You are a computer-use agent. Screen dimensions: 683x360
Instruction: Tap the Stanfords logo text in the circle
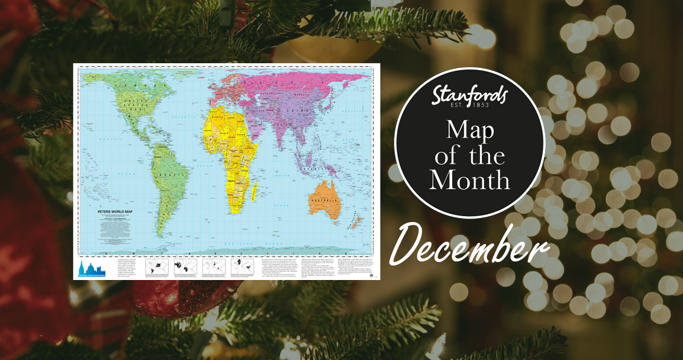[x=470, y=94]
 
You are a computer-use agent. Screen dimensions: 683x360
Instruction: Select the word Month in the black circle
[x=470, y=180]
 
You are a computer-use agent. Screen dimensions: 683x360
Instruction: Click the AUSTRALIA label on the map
[x=325, y=201]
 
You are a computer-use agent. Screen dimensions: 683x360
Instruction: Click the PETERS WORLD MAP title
[x=116, y=213]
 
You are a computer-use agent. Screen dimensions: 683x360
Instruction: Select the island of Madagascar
[x=254, y=190]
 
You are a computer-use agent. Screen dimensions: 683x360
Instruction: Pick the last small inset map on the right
[x=242, y=267]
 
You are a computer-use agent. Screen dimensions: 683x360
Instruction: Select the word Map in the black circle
[x=470, y=130]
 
